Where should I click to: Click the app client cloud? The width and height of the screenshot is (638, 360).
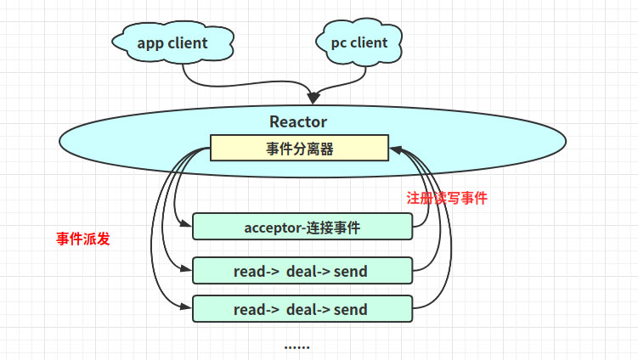[x=172, y=42]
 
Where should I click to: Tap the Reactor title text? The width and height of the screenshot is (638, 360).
[x=298, y=121]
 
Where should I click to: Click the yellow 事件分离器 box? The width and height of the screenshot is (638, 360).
[x=299, y=149]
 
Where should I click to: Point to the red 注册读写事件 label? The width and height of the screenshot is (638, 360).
[x=447, y=198]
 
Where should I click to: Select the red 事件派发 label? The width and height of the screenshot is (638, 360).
[x=83, y=239]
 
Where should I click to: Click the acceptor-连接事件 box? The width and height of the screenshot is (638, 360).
[x=302, y=227]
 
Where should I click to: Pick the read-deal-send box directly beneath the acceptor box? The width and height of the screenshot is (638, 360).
[x=302, y=270]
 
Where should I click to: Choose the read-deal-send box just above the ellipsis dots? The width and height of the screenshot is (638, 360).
[x=302, y=308]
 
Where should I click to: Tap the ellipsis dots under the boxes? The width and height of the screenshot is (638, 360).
[x=296, y=346]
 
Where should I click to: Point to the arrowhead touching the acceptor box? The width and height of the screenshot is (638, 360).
[x=187, y=226]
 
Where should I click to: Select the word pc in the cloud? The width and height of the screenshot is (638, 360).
[x=338, y=42]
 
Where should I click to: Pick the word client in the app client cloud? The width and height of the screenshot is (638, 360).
[x=186, y=42]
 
